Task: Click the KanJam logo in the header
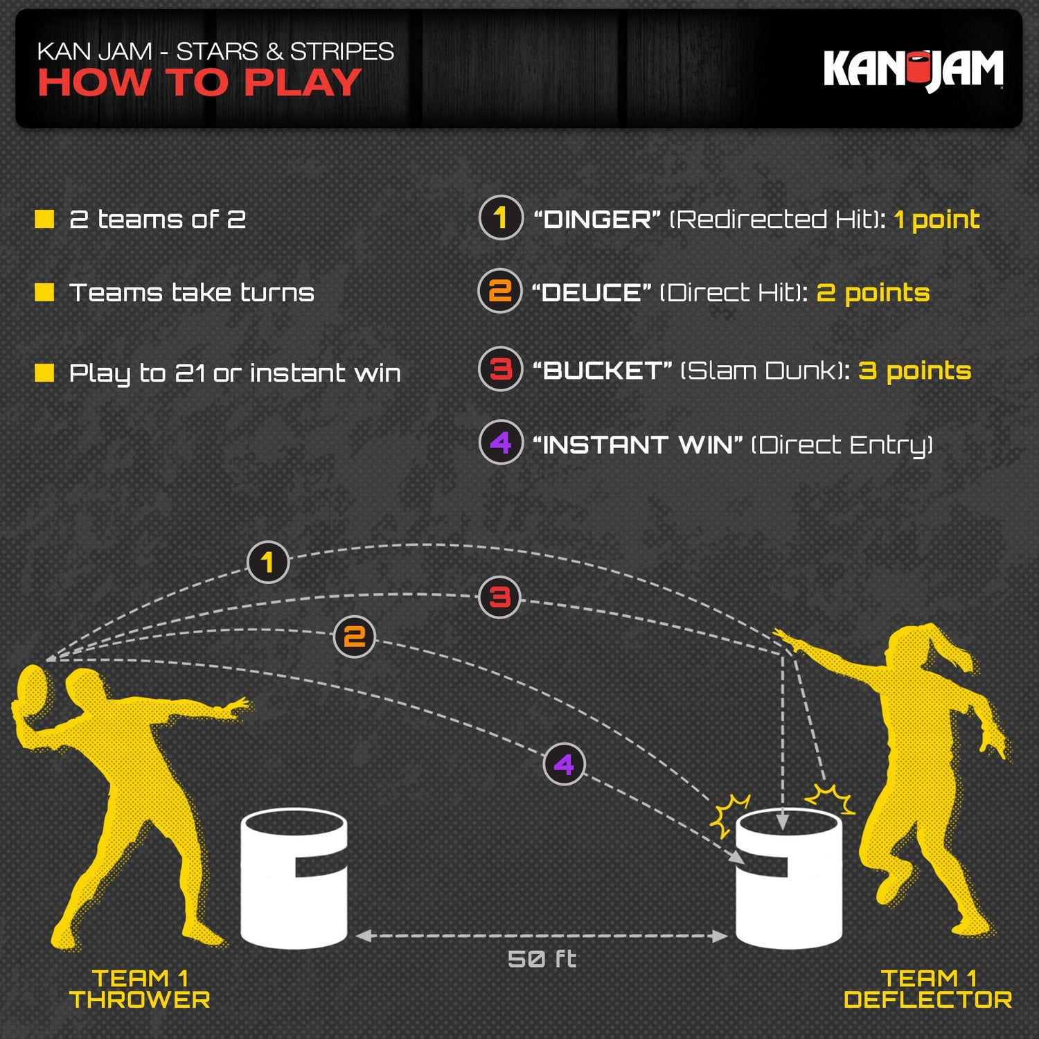[x=913, y=69]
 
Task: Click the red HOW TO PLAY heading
[x=199, y=83]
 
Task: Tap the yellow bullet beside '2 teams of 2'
[x=44, y=220]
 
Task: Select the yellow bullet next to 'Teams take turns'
[x=44, y=292]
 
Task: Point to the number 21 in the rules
[x=190, y=373]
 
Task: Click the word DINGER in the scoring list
[x=597, y=220]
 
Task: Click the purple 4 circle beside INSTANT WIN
[x=500, y=442]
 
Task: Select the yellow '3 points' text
[x=914, y=371]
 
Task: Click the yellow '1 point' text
[x=936, y=220]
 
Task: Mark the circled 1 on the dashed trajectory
[x=267, y=562]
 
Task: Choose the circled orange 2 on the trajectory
[x=355, y=637]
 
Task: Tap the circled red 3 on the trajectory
[x=499, y=597]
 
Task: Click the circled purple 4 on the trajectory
[x=564, y=764]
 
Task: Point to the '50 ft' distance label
[x=542, y=959]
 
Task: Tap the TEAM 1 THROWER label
[x=139, y=989]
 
